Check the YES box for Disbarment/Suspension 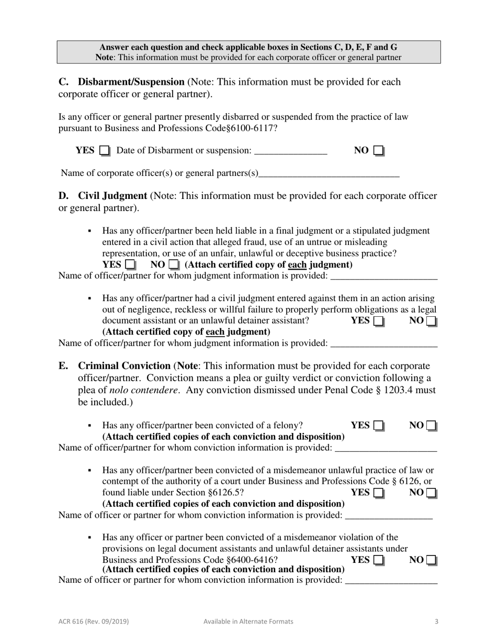105,151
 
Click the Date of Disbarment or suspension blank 290,151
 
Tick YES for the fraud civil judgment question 131,265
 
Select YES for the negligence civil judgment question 379,321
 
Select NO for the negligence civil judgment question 431,321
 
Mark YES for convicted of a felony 379,426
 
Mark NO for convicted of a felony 431,426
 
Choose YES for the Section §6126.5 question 379,493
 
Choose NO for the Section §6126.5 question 431,493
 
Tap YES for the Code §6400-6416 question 379,560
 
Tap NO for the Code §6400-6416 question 431,560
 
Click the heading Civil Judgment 112,196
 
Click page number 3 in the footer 436,621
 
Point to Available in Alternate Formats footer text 248,621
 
